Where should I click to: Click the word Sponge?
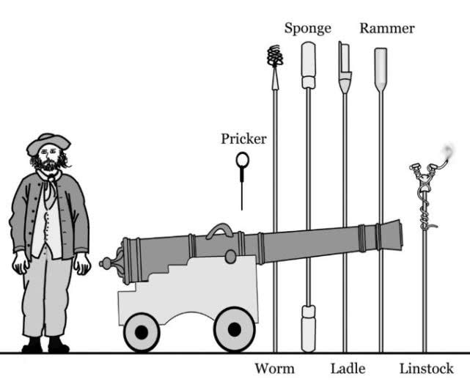coord(308,29)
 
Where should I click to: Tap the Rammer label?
coord(387,29)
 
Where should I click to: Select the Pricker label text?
coord(243,139)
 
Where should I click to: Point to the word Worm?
coord(274,369)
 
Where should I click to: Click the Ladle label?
coord(348,369)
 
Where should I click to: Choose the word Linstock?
coord(427,369)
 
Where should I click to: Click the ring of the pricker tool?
coord(242,160)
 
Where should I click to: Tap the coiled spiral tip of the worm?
coord(275,56)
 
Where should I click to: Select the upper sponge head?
coord(309,65)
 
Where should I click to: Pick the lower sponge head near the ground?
coord(309,329)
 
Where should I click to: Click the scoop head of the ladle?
coord(345,67)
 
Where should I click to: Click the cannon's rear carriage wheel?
coord(142,332)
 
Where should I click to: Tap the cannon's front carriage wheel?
coord(235,329)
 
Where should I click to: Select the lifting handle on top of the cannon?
coord(219,230)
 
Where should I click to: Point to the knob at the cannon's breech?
coord(105,263)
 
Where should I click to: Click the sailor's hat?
coord(48,144)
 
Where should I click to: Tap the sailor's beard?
coord(49,164)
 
